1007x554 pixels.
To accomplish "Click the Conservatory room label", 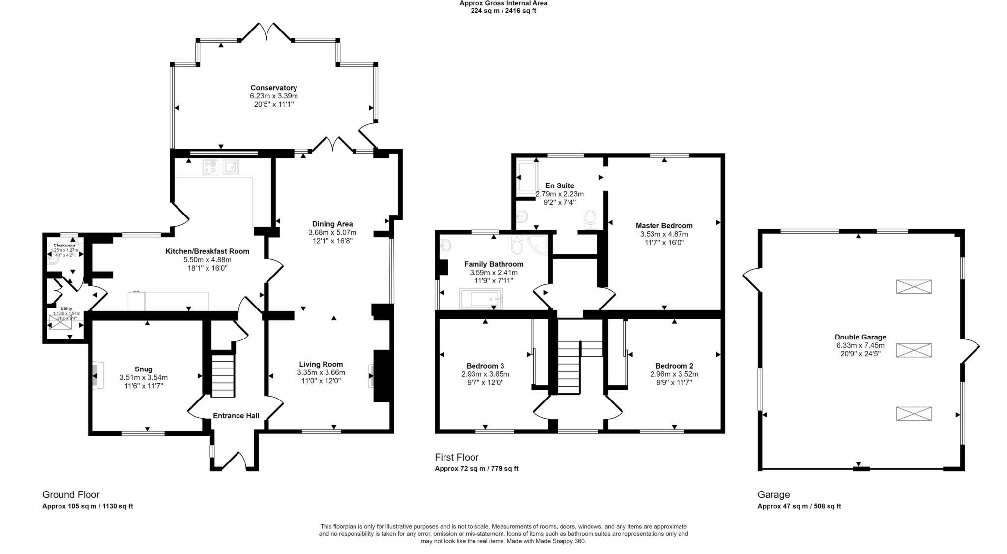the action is (x=273, y=88).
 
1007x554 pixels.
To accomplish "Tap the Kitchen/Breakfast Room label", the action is (x=207, y=251).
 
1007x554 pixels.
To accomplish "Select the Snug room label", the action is (x=144, y=369).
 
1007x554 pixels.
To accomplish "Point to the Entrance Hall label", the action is (x=236, y=416).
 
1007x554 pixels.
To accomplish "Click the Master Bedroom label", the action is (x=664, y=226).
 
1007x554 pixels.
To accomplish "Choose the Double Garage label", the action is (x=860, y=337).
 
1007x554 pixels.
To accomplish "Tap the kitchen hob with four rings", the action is (x=210, y=167).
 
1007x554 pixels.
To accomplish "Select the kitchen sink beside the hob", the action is (x=231, y=167).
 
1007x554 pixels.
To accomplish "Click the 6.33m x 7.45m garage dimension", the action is (x=860, y=345).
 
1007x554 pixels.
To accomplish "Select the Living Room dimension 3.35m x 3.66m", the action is (x=321, y=372).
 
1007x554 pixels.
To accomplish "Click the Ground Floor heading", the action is (x=71, y=495).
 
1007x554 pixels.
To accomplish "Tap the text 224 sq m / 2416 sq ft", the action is (x=503, y=11).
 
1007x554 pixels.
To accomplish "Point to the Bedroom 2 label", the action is (x=674, y=366).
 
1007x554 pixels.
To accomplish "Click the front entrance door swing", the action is (x=234, y=460).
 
